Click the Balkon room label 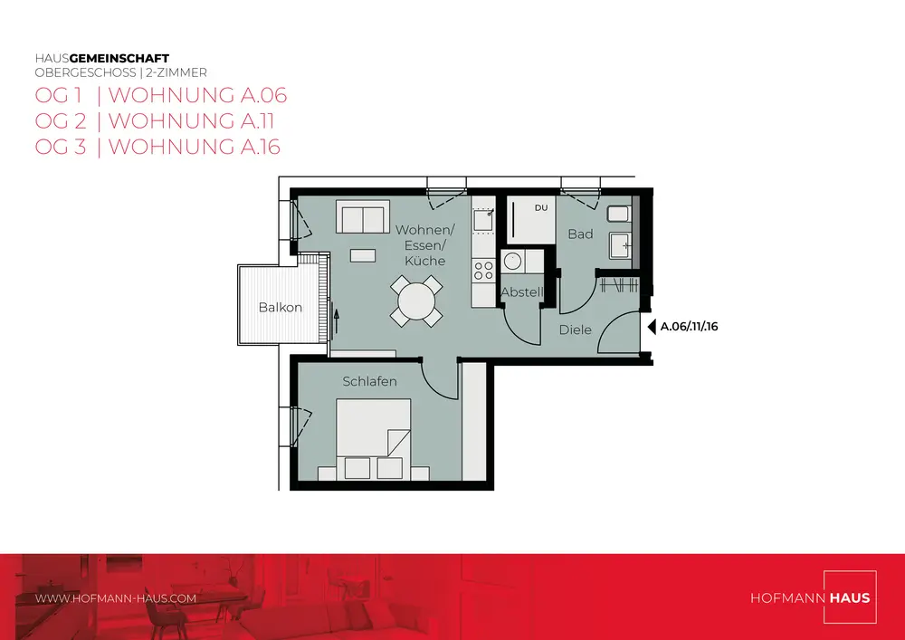(x=280, y=308)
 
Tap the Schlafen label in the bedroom (x=369, y=381)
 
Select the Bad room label (x=580, y=234)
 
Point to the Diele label (x=576, y=330)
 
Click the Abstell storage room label (x=522, y=292)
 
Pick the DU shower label (x=541, y=208)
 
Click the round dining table (x=416, y=301)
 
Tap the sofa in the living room (x=363, y=217)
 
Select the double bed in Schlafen (x=374, y=439)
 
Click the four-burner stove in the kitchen (x=483, y=271)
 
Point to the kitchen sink (x=483, y=221)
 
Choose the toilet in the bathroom (x=619, y=215)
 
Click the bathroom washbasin (x=621, y=246)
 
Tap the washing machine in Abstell (x=512, y=262)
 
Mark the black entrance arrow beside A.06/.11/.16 (x=652, y=327)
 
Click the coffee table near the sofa (x=363, y=255)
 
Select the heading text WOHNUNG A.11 (x=191, y=121)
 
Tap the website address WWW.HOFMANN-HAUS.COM (x=116, y=598)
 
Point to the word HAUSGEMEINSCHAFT (x=102, y=58)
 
